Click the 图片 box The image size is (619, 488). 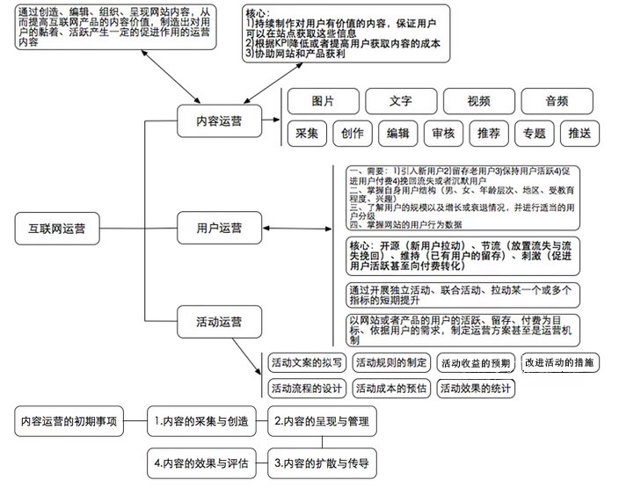[x=323, y=101]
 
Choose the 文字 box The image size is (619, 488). [x=401, y=101]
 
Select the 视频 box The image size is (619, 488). [x=479, y=101]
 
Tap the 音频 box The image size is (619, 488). [x=557, y=101]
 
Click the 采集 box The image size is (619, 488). [x=307, y=134]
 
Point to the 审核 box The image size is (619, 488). [x=443, y=134]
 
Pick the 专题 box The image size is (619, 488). [x=534, y=134]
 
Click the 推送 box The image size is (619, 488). [x=580, y=134]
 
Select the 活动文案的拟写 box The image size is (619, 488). [x=307, y=362]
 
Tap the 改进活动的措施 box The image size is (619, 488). [x=558, y=362]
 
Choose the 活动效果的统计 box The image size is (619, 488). [x=476, y=388]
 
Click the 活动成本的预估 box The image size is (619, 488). [x=390, y=388]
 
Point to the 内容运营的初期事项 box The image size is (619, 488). [x=69, y=422]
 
